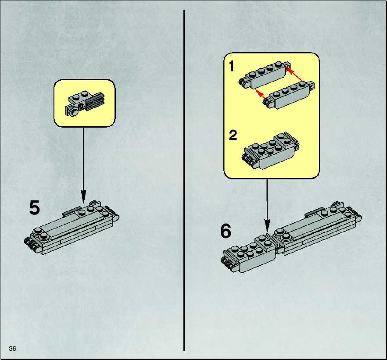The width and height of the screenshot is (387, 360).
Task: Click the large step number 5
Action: point(34,207)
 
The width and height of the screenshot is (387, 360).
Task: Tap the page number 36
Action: point(12,349)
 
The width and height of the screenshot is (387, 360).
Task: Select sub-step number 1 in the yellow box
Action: point(231,66)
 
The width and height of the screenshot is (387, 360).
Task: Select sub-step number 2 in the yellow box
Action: point(233,135)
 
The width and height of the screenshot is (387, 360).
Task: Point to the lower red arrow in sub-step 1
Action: point(262,95)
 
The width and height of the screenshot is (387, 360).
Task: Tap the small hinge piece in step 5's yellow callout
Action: point(85,103)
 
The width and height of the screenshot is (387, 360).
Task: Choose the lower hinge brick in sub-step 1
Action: point(290,95)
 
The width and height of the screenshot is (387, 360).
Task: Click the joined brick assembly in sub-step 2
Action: point(271,150)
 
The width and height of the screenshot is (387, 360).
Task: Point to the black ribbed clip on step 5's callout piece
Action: point(96,102)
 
